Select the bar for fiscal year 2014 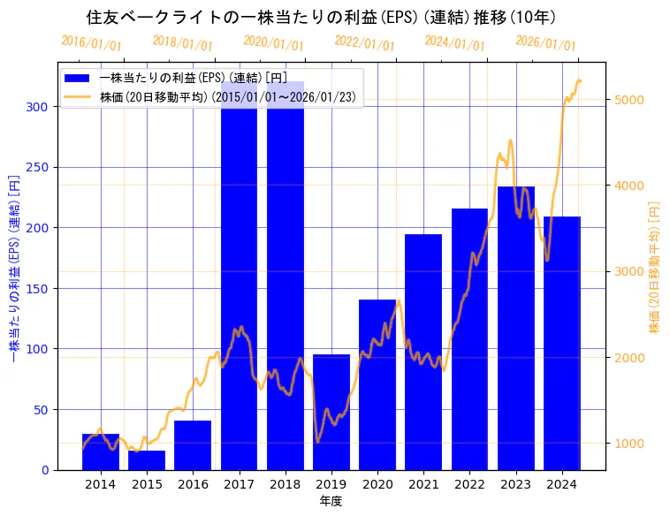pyautogui.click(x=101, y=451)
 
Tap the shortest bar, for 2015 pyautogui.click(x=147, y=460)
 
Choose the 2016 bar pyautogui.click(x=193, y=445)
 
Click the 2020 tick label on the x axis pyautogui.click(x=377, y=484)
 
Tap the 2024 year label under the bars pyautogui.click(x=562, y=484)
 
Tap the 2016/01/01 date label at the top pyautogui.click(x=92, y=43)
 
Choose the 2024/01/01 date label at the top pyautogui.click(x=455, y=43)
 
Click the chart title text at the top pyautogui.click(x=321, y=18)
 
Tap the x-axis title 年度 pyautogui.click(x=331, y=501)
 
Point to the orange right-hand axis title pyautogui.click(x=655, y=266)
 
